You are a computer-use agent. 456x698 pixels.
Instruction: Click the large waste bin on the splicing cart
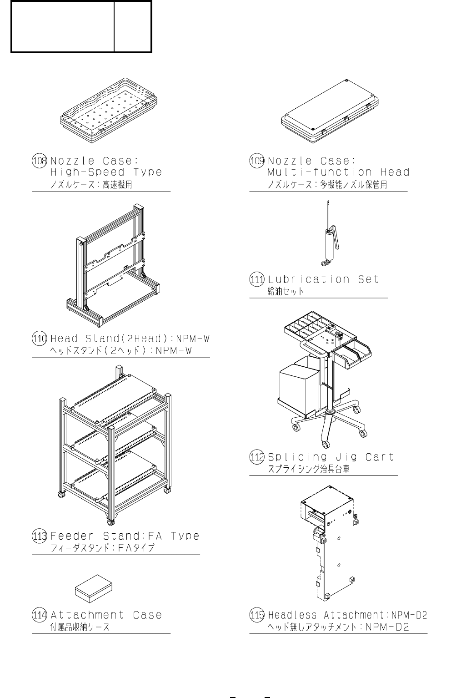pos(298,391)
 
